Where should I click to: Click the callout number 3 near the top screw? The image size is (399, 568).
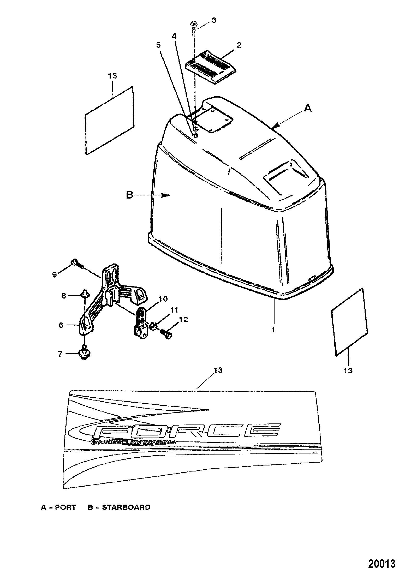[x=214, y=20]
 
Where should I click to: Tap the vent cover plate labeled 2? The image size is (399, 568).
[x=211, y=67]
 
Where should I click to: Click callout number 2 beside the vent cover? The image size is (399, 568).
[x=239, y=45]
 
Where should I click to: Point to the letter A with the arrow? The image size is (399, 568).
[x=308, y=108]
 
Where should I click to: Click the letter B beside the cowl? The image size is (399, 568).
[x=130, y=195]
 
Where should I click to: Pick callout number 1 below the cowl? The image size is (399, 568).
[x=273, y=330]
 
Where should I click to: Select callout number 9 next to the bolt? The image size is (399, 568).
[x=54, y=275]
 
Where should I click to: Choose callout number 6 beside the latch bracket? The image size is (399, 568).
[x=61, y=325]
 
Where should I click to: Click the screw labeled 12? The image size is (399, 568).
[x=166, y=334]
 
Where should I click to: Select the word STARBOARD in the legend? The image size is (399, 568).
[x=126, y=507]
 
